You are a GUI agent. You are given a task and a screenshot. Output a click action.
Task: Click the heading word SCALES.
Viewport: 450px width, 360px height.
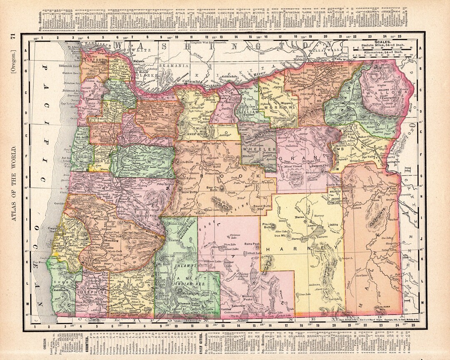(x=382, y=42)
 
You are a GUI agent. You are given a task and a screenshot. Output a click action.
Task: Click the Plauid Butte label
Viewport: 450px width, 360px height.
(x=268, y=226)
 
